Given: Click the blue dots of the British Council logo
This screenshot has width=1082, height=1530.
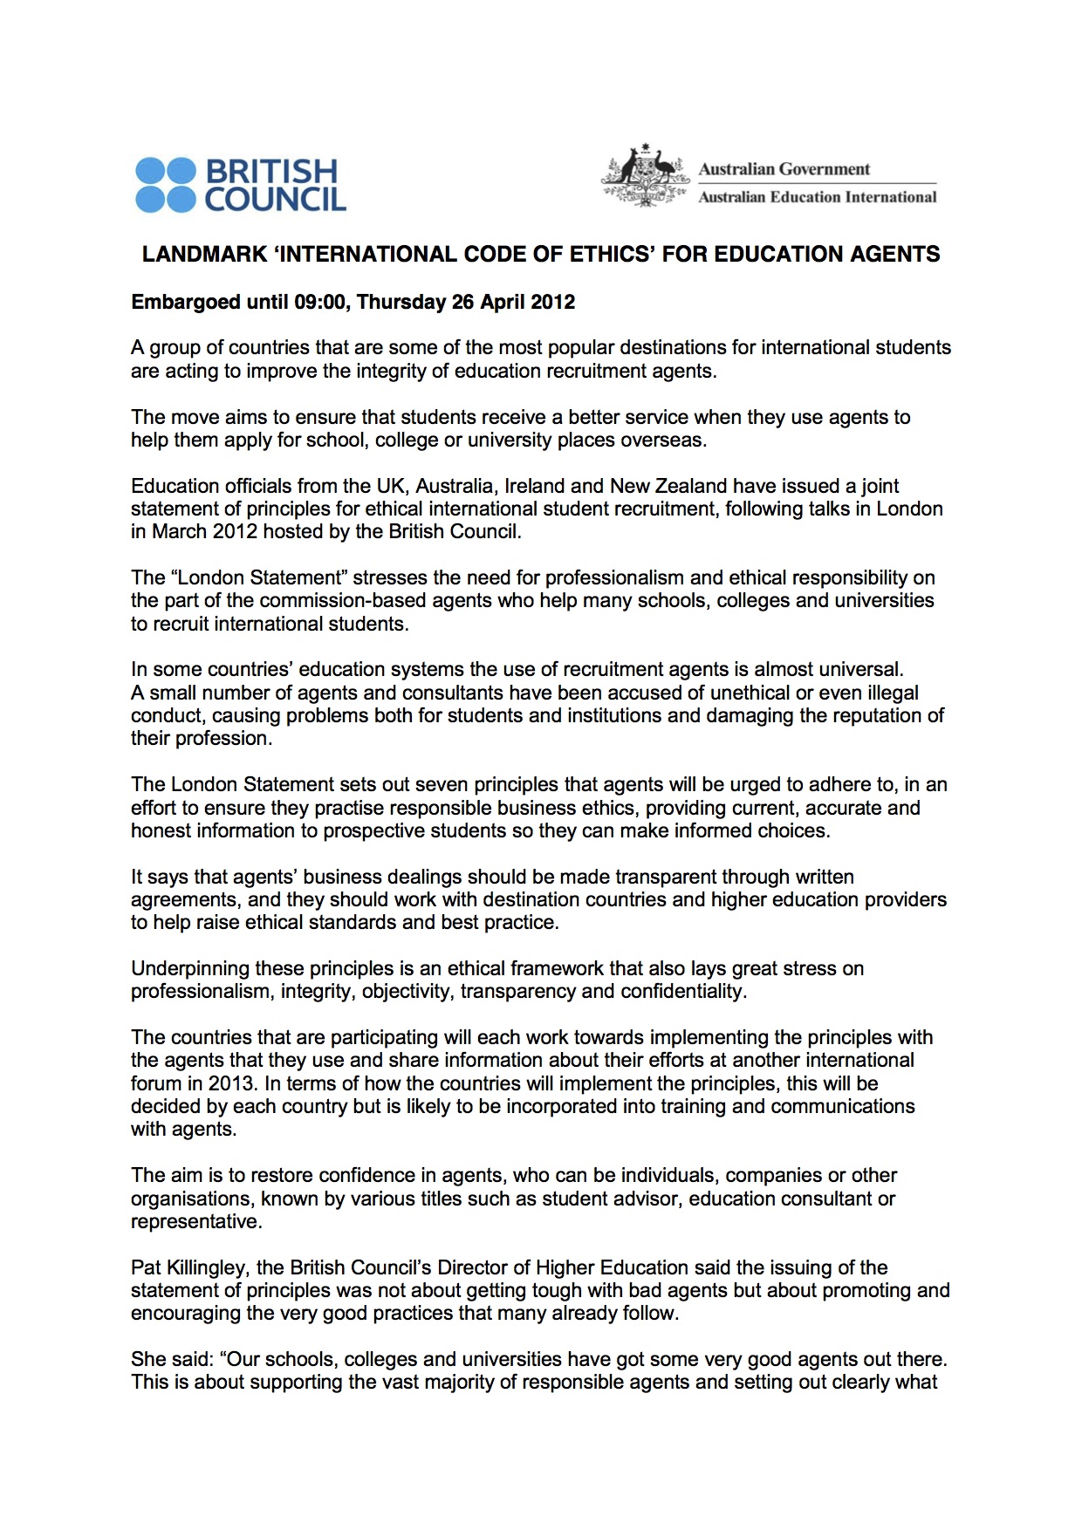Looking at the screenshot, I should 166,185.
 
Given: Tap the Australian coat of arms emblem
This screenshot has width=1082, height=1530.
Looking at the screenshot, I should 645,175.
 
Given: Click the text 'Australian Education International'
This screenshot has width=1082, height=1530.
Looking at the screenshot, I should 817,197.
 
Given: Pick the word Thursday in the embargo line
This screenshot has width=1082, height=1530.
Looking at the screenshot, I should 401,303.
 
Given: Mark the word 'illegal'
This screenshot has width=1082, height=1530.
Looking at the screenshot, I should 890,693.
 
